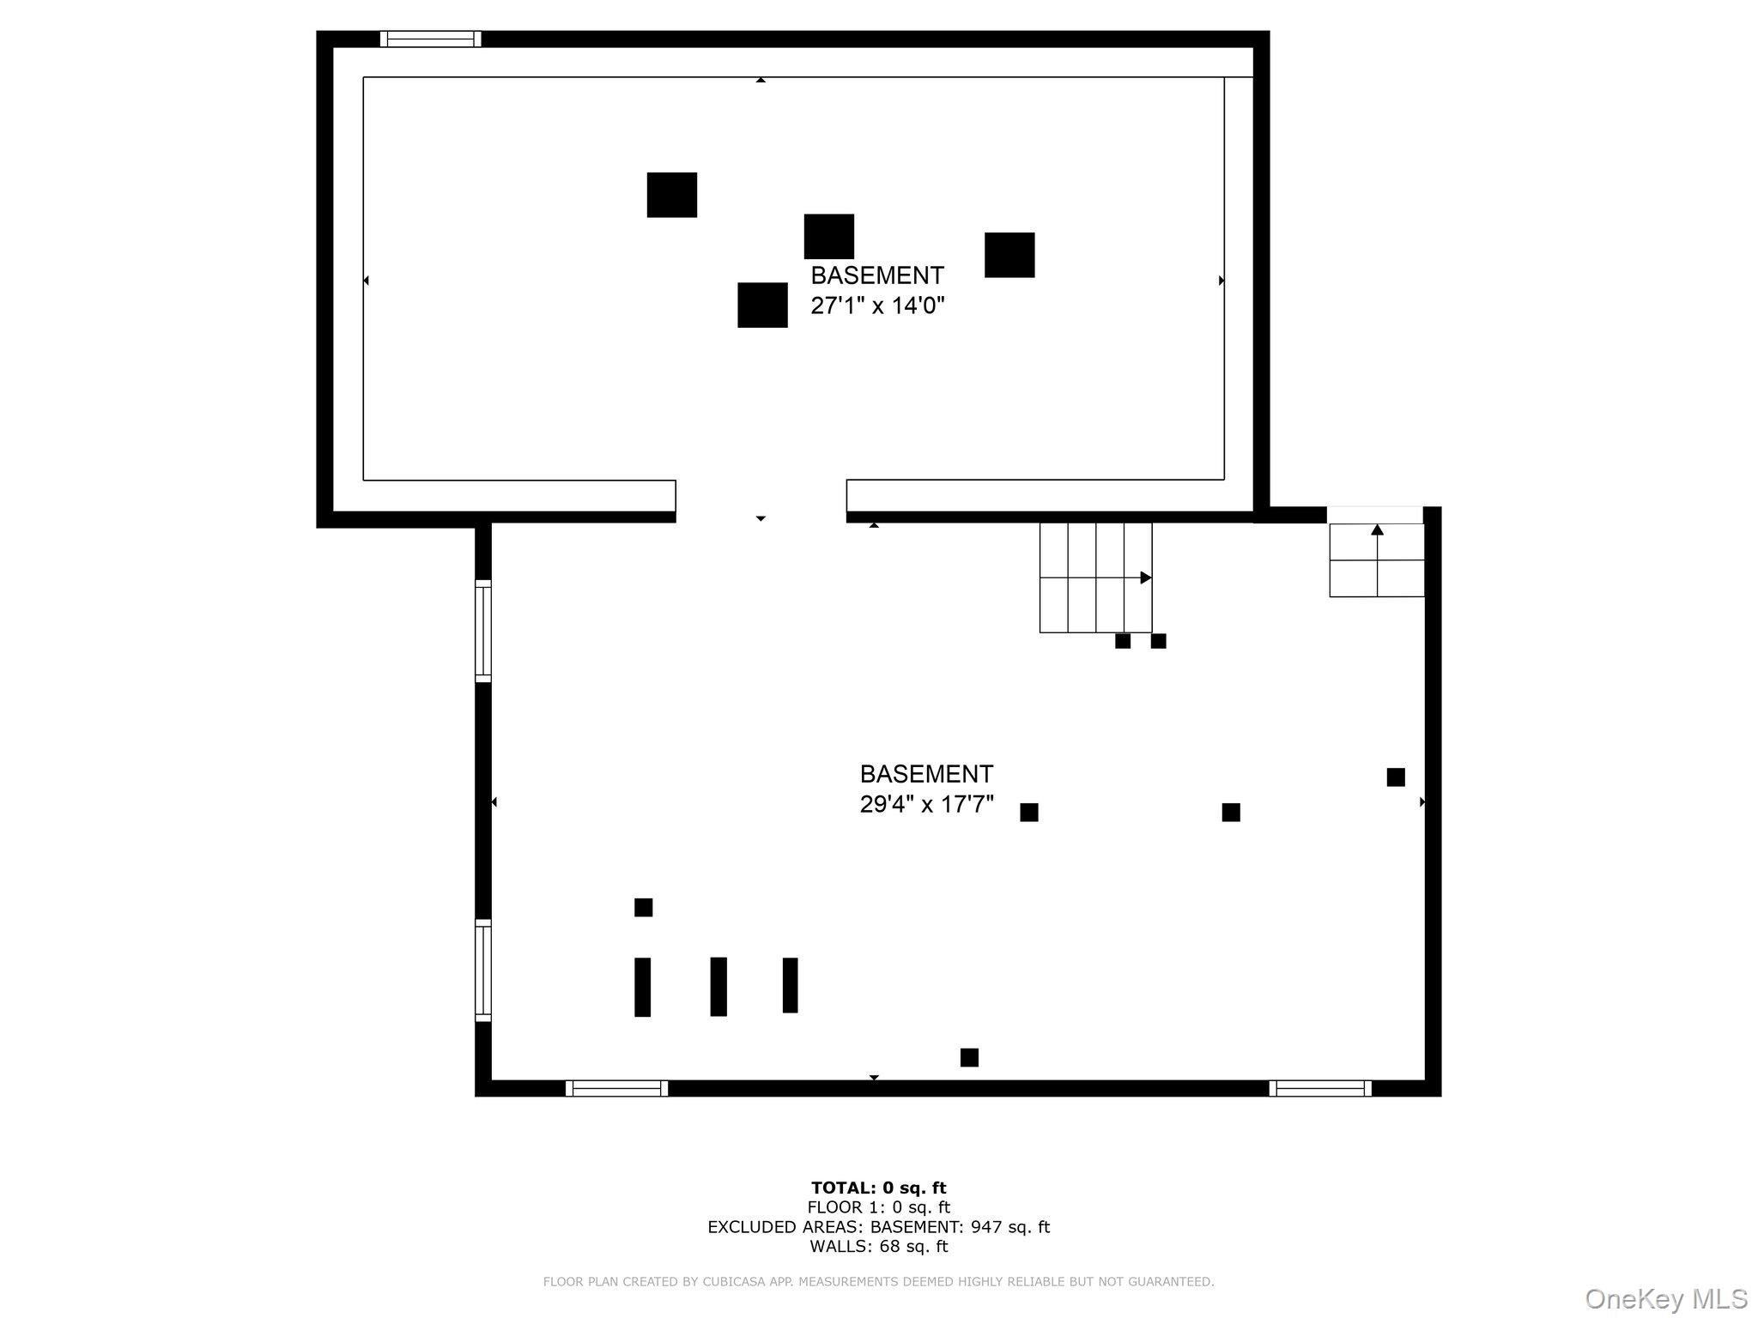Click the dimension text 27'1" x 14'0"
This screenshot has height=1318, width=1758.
coord(877,305)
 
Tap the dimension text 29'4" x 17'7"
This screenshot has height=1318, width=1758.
coord(927,804)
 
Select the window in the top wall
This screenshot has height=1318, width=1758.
coord(430,39)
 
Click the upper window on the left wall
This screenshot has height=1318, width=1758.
coord(483,632)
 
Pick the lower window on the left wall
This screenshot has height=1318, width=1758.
coord(483,970)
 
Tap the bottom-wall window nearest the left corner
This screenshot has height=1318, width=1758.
coord(616,1088)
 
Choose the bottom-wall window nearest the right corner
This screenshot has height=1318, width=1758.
coord(1320,1088)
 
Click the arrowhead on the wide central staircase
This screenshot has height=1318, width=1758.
coord(1145,577)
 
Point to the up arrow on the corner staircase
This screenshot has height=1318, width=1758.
coord(1378,530)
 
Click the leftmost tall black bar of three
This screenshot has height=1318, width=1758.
coord(642,987)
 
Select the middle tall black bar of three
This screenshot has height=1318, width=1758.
coord(718,987)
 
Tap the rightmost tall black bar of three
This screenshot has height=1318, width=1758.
coord(791,985)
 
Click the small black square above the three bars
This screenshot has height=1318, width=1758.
coord(644,907)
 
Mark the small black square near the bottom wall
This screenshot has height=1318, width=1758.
coord(969,1057)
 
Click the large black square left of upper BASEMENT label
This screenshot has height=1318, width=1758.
coord(763,305)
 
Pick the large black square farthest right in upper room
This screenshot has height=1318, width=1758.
coord(1009,255)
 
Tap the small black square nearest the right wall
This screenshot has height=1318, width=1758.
coord(1396,777)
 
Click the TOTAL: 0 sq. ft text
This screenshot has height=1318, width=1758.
coord(879,1188)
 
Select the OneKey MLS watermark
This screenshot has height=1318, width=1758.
coord(1666,1298)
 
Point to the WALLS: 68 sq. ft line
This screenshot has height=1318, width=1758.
coord(879,1246)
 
